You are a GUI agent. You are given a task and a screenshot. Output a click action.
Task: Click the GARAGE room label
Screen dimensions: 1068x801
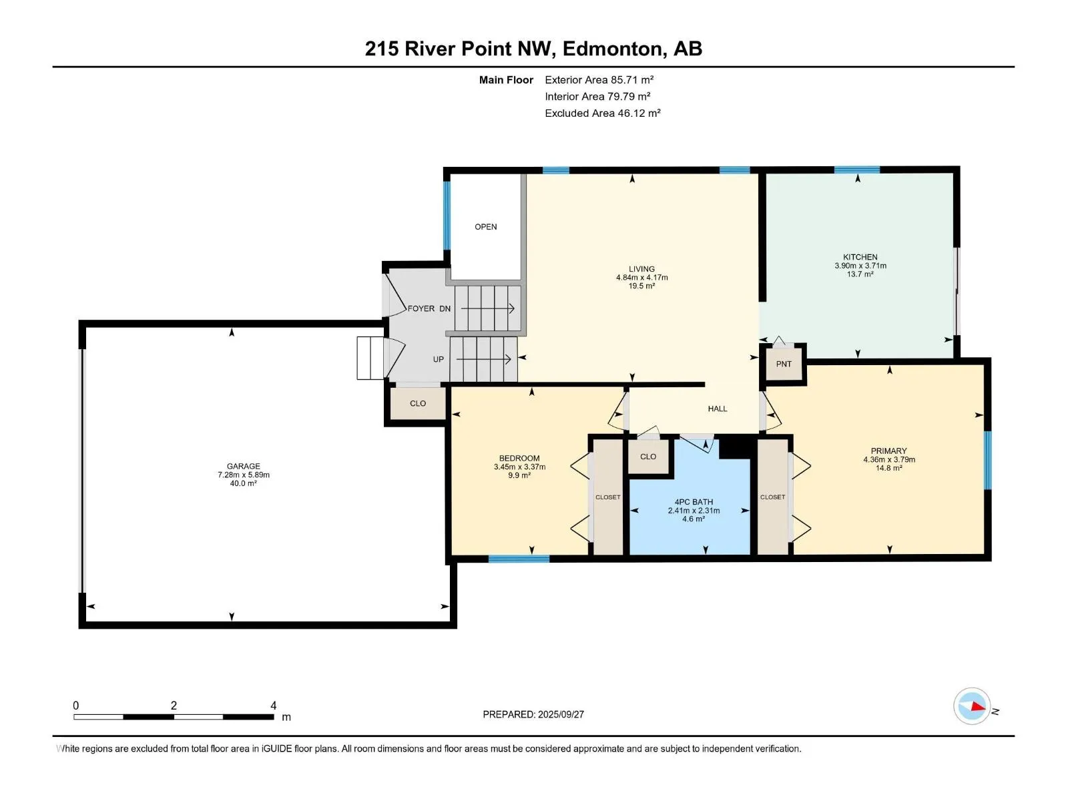pyautogui.click(x=243, y=466)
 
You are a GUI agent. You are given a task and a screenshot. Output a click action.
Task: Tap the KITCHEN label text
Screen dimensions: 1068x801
pyautogui.click(x=860, y=257)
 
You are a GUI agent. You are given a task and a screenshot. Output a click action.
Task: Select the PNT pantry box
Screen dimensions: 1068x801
pyautogui.click(x=784, y=364)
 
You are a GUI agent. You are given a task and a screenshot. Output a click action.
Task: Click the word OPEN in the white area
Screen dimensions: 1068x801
pyautogui.click(x=485, y=227)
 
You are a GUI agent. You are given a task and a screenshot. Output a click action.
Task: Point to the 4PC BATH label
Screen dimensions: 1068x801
pyautogui.click(x=694, y=502)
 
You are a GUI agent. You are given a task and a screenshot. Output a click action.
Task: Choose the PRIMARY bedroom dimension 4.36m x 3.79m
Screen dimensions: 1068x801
pyautogui.click(x=889, y=459)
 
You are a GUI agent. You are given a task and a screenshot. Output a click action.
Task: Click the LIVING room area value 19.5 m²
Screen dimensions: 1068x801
pyautogui.click(x=641, y=286)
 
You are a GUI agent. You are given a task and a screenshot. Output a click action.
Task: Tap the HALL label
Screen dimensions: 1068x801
pyautogui.click(x=717, y=409)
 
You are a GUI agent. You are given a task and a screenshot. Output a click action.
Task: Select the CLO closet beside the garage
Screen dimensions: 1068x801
pyautogui.click(x=418, y=403)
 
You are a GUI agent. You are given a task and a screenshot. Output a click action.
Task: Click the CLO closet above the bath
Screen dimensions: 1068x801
pyautogui.click(x=648, y=456)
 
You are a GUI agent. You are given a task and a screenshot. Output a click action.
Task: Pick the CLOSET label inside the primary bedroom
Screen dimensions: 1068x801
pyautogui.click(x=773, y=497)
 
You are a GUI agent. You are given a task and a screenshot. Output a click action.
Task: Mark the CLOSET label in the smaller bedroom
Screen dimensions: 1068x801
pyautogui.click(x=607, y=497)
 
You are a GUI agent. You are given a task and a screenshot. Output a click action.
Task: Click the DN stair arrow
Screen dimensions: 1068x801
pyautogui.click(x=487, y=308)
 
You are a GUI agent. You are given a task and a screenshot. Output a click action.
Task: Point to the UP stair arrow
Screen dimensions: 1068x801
pyautogui.click(x=484, y=359)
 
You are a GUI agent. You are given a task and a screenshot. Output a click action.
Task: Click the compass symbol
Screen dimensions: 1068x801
pyautogui.click(x=972, y=707)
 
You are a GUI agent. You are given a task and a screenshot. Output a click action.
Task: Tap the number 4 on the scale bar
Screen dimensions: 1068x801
pyautogui.click(x=274, y=705)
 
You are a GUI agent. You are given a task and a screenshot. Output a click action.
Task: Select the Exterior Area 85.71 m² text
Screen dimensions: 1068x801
pyautogui.click(x=599, y=79)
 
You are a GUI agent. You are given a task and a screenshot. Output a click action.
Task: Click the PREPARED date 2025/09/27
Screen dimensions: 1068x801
pyautogui.click(x=561, y=714)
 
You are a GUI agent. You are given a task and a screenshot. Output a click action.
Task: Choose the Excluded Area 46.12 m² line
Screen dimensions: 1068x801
pyautogui.click(x=602, y=113)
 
